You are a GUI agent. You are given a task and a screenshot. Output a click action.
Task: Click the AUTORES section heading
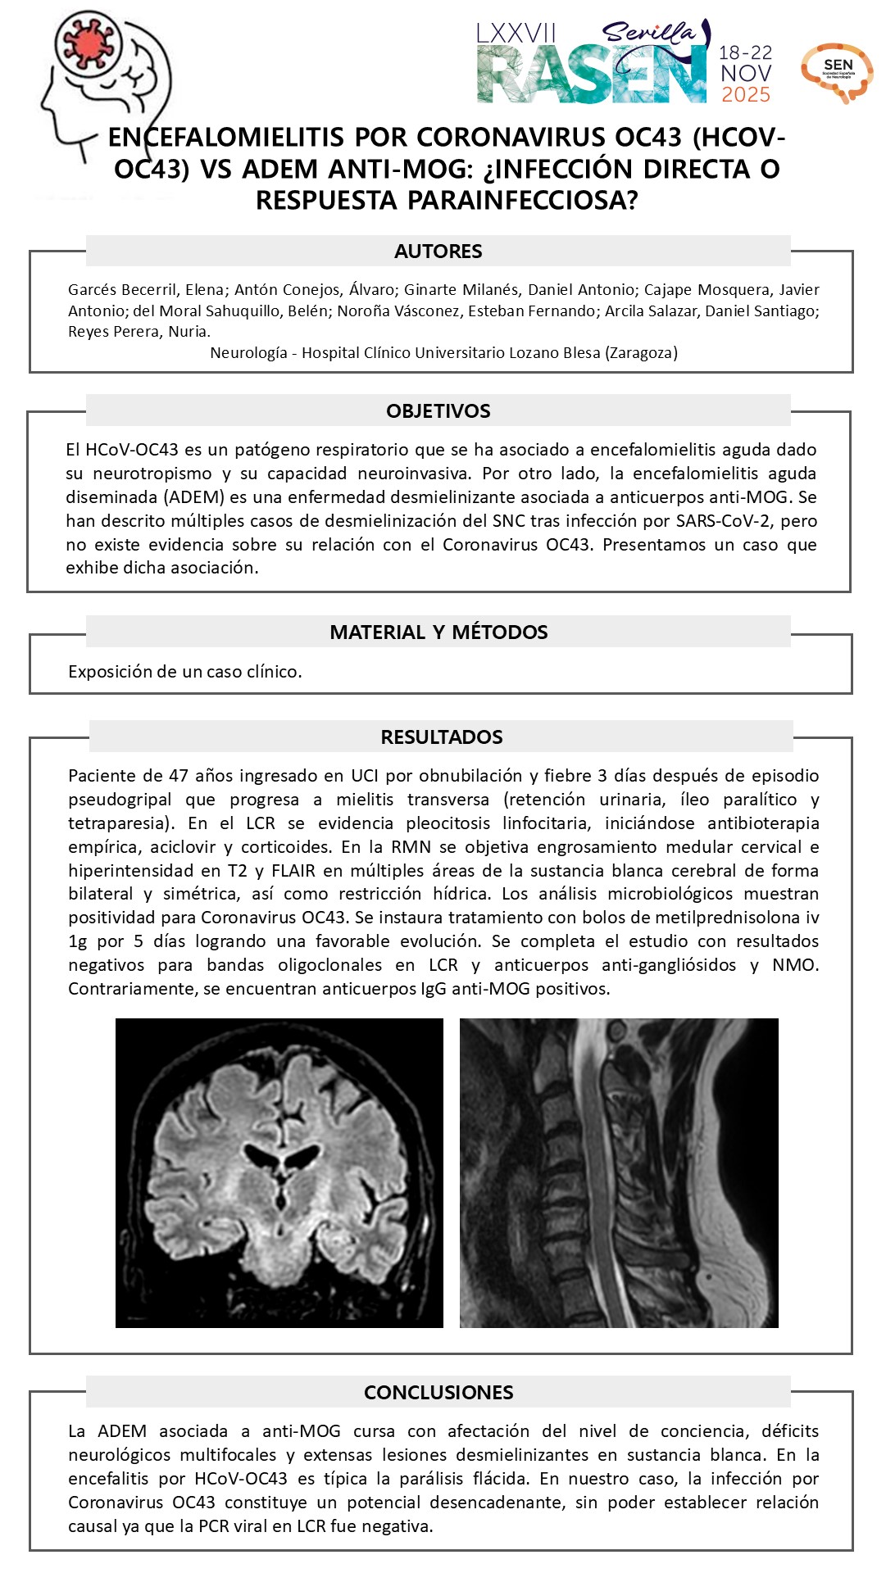(438, 252)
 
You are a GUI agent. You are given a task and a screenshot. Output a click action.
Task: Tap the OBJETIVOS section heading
(438, 411)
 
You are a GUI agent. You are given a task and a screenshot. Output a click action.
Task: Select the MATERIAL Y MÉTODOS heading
(438, 632)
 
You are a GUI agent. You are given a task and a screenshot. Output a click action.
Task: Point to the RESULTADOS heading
(441, 737)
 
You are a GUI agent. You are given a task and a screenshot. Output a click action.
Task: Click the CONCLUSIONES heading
(438, 1393)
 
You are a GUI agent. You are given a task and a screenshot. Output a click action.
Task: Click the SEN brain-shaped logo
(837, 72)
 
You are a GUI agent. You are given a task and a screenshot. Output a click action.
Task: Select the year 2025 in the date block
(746, 95)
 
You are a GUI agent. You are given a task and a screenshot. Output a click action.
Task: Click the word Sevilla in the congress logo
(647, 33)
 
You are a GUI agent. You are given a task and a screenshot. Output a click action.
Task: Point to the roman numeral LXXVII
(516, 34)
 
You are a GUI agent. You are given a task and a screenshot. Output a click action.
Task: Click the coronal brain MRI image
(279, 1173)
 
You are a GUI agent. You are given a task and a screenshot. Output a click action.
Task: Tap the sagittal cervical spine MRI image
(619, 1173)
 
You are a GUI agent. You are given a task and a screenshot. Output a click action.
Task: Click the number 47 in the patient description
(179, 776)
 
